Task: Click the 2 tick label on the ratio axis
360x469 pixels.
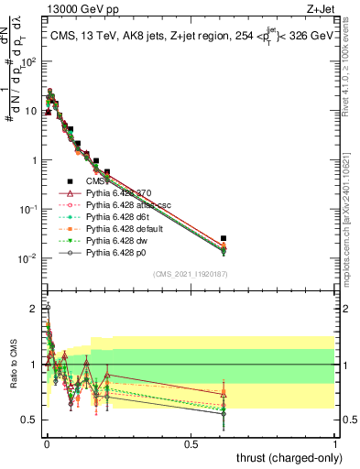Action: coord(33,309)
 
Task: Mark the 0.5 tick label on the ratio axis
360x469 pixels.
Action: coord(30,420)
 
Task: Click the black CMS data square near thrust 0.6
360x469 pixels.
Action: coord(224,238)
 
